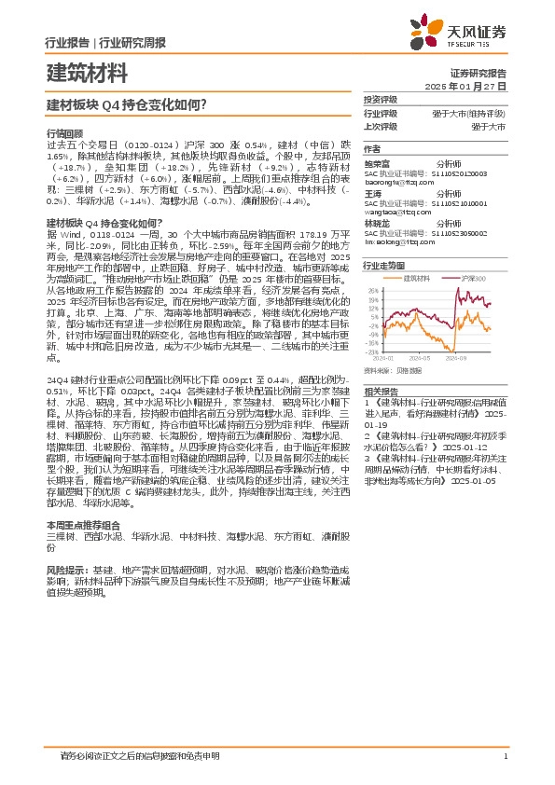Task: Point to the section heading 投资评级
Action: pos(381,99)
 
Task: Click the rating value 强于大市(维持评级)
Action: pos(477,112)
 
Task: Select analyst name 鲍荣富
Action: pos(377,162)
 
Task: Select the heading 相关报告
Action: pos(381,392)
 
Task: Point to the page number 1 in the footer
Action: pos(504,756)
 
